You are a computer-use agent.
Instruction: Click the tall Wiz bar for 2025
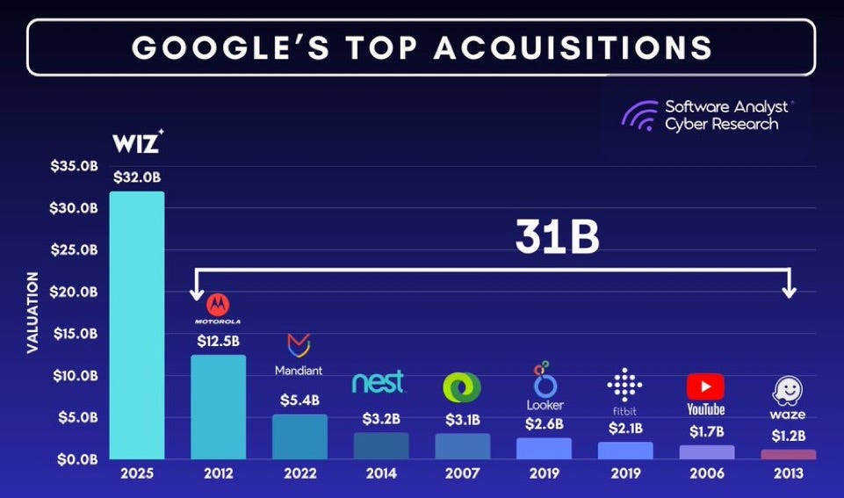136,325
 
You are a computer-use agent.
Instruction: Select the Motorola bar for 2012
218,407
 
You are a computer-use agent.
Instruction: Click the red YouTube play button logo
705,386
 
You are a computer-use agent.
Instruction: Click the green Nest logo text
379,382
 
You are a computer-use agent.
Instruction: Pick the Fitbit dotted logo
624,385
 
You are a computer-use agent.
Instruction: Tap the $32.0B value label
137,177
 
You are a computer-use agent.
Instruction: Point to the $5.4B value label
299,400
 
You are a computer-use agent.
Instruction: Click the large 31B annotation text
557,236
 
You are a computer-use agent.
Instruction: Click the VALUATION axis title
32,313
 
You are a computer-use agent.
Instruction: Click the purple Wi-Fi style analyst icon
639,115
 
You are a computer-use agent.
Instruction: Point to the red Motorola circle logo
218,305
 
